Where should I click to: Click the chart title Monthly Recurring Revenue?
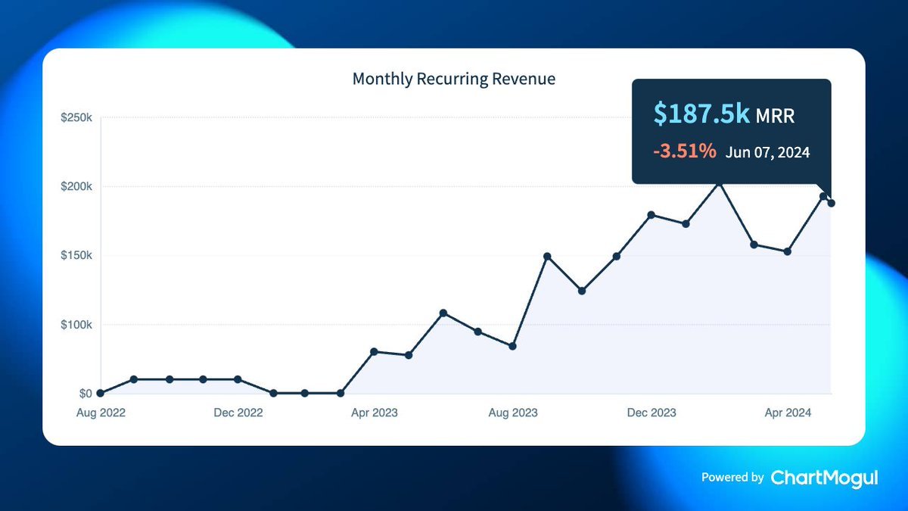[x=454, y=79]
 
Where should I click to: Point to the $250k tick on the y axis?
[x=77, y=118]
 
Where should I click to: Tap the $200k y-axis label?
[x=77, y=187]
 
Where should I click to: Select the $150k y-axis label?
[x=77, y=256]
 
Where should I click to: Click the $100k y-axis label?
[x=77, y=325]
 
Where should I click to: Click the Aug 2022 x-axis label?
[x=101, y=413]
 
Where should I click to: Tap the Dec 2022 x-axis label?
[x=238, y=413]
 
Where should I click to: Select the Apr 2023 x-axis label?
[x=374, y=413]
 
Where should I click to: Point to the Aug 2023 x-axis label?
[x=513, y=413]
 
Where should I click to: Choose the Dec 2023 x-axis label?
[x=651, y=413]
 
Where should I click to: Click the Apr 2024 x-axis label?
[x=788, y=413]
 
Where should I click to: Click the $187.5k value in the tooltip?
[x=702, y=114]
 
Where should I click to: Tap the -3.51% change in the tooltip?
[x=685, y=151]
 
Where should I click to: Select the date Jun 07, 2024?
[x=767, y=152]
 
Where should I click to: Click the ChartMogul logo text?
[x=824, y=478]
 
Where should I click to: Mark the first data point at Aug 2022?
[x=101, y=393]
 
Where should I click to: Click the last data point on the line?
[x=832, y=203]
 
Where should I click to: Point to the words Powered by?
[x=732, y=478]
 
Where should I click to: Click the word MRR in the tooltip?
[x=776, y=116]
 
